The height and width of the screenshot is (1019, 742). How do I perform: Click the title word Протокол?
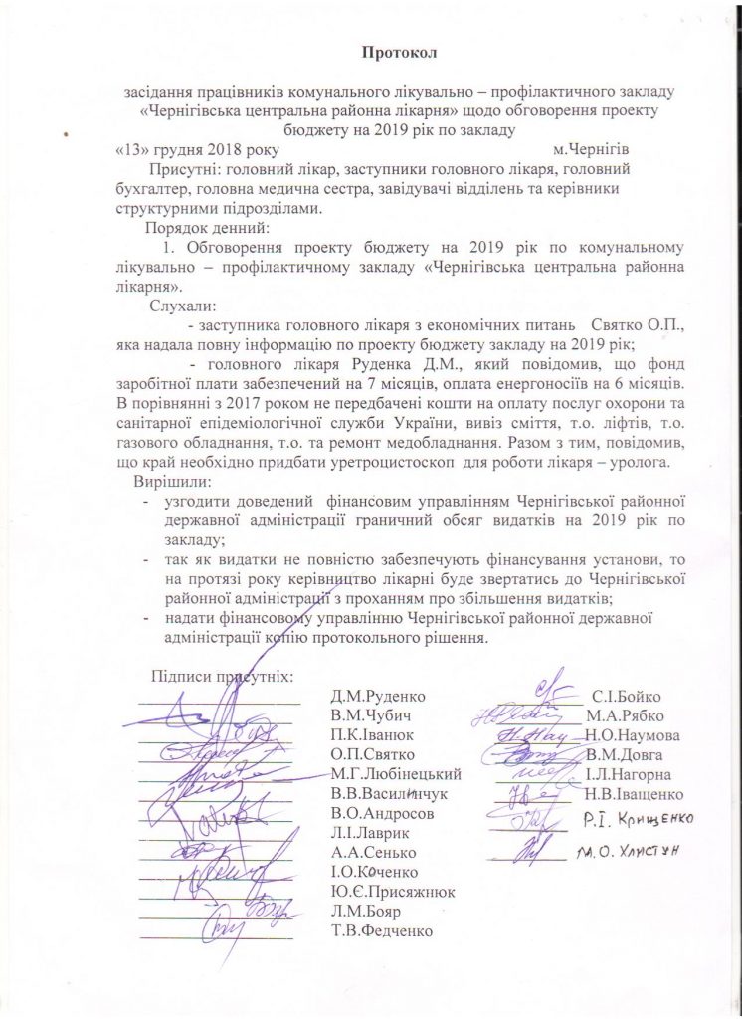pyautogui.click(x=400, y=50)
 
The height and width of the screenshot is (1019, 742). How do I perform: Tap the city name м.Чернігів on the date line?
pyautogui.click(x=592, y=150)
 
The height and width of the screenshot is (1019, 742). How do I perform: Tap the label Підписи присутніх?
pyautogui.click(x=222, y=676)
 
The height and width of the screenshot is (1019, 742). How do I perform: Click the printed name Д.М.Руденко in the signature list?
pyautogui.click(x=373, y=697)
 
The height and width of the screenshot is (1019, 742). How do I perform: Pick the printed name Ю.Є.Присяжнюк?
pyautogui.click(x=393, y=891)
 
